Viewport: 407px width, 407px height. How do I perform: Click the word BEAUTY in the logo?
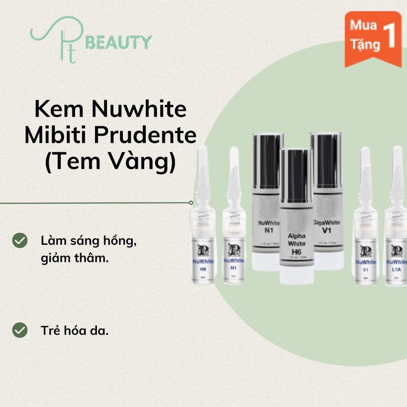(119, 42)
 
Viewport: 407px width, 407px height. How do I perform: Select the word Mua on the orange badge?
(363, 26)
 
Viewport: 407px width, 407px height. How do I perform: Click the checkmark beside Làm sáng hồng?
(20, 241)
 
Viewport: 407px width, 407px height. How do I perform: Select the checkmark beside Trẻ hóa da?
(20, 330)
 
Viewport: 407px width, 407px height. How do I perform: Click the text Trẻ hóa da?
(75, 331)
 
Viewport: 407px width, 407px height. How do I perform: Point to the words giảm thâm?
(74, 259)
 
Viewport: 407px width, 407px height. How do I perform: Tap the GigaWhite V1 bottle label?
(328, 227)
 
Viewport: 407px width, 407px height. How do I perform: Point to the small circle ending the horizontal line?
(191, 202)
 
